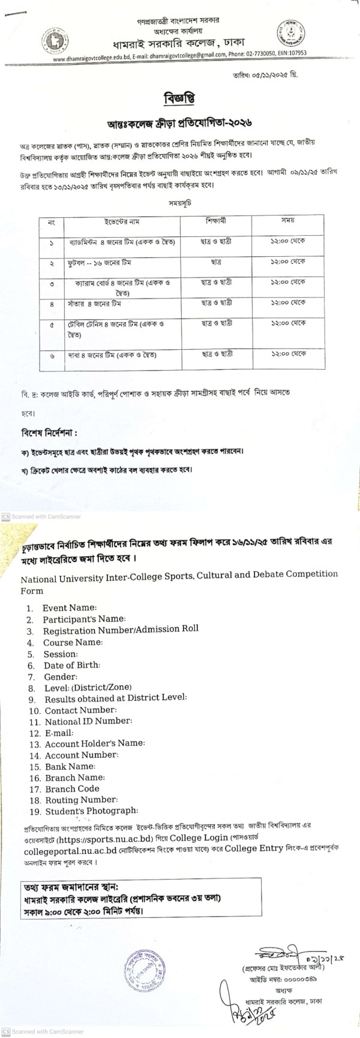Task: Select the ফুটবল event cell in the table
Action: pos(99,262)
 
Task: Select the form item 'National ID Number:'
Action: pos(88,721)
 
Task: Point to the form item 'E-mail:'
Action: pos(58,733)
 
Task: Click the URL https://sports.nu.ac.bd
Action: pos(113,838)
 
